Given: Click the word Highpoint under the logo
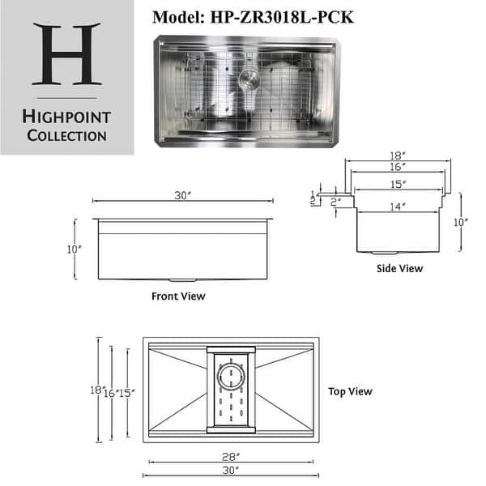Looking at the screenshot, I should [66, 117].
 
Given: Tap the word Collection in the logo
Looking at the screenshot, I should [66, 135].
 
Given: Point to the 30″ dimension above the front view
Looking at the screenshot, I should [181, 195].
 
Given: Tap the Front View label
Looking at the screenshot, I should [178, 296].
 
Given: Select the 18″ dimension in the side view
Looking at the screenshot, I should [397, 156].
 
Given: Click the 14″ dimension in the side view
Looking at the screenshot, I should [397, 207].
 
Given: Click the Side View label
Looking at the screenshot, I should [400, 268].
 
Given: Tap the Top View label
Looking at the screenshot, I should [350, 391].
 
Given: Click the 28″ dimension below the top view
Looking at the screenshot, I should [231, 457].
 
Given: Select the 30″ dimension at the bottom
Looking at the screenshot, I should [231, 471].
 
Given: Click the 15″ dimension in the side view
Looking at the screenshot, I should [397, 184].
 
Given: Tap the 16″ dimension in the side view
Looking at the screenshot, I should [397, 167].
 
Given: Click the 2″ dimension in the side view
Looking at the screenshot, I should [335, 200].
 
